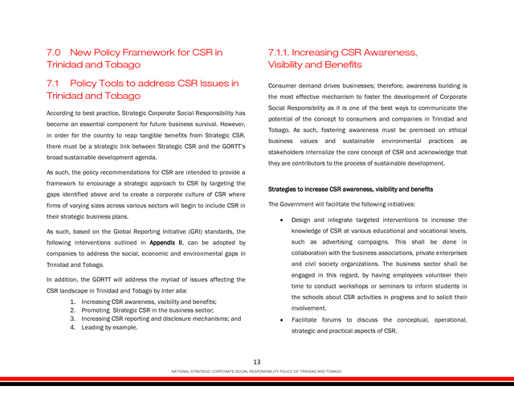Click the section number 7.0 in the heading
tap(55, 52)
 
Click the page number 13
tap(257, 363)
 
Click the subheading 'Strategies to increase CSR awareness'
tap(350, 190)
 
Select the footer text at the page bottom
tap(257, 371)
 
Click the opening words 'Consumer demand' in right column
tap(295, 85)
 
